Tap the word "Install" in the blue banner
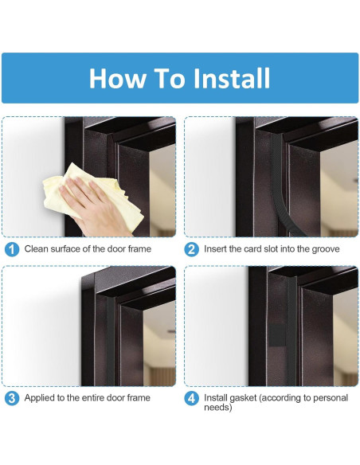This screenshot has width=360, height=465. click(232, 78)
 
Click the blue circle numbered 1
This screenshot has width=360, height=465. click(12, 249)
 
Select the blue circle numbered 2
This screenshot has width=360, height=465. click(191, 249)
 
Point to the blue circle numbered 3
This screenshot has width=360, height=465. click(12, 398)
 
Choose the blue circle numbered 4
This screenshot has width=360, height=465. click(191, 398)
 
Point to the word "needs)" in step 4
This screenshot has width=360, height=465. click(218, 408)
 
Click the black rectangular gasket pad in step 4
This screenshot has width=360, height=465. click(277, 334)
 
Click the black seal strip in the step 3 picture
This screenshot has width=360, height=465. click(111, 341)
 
